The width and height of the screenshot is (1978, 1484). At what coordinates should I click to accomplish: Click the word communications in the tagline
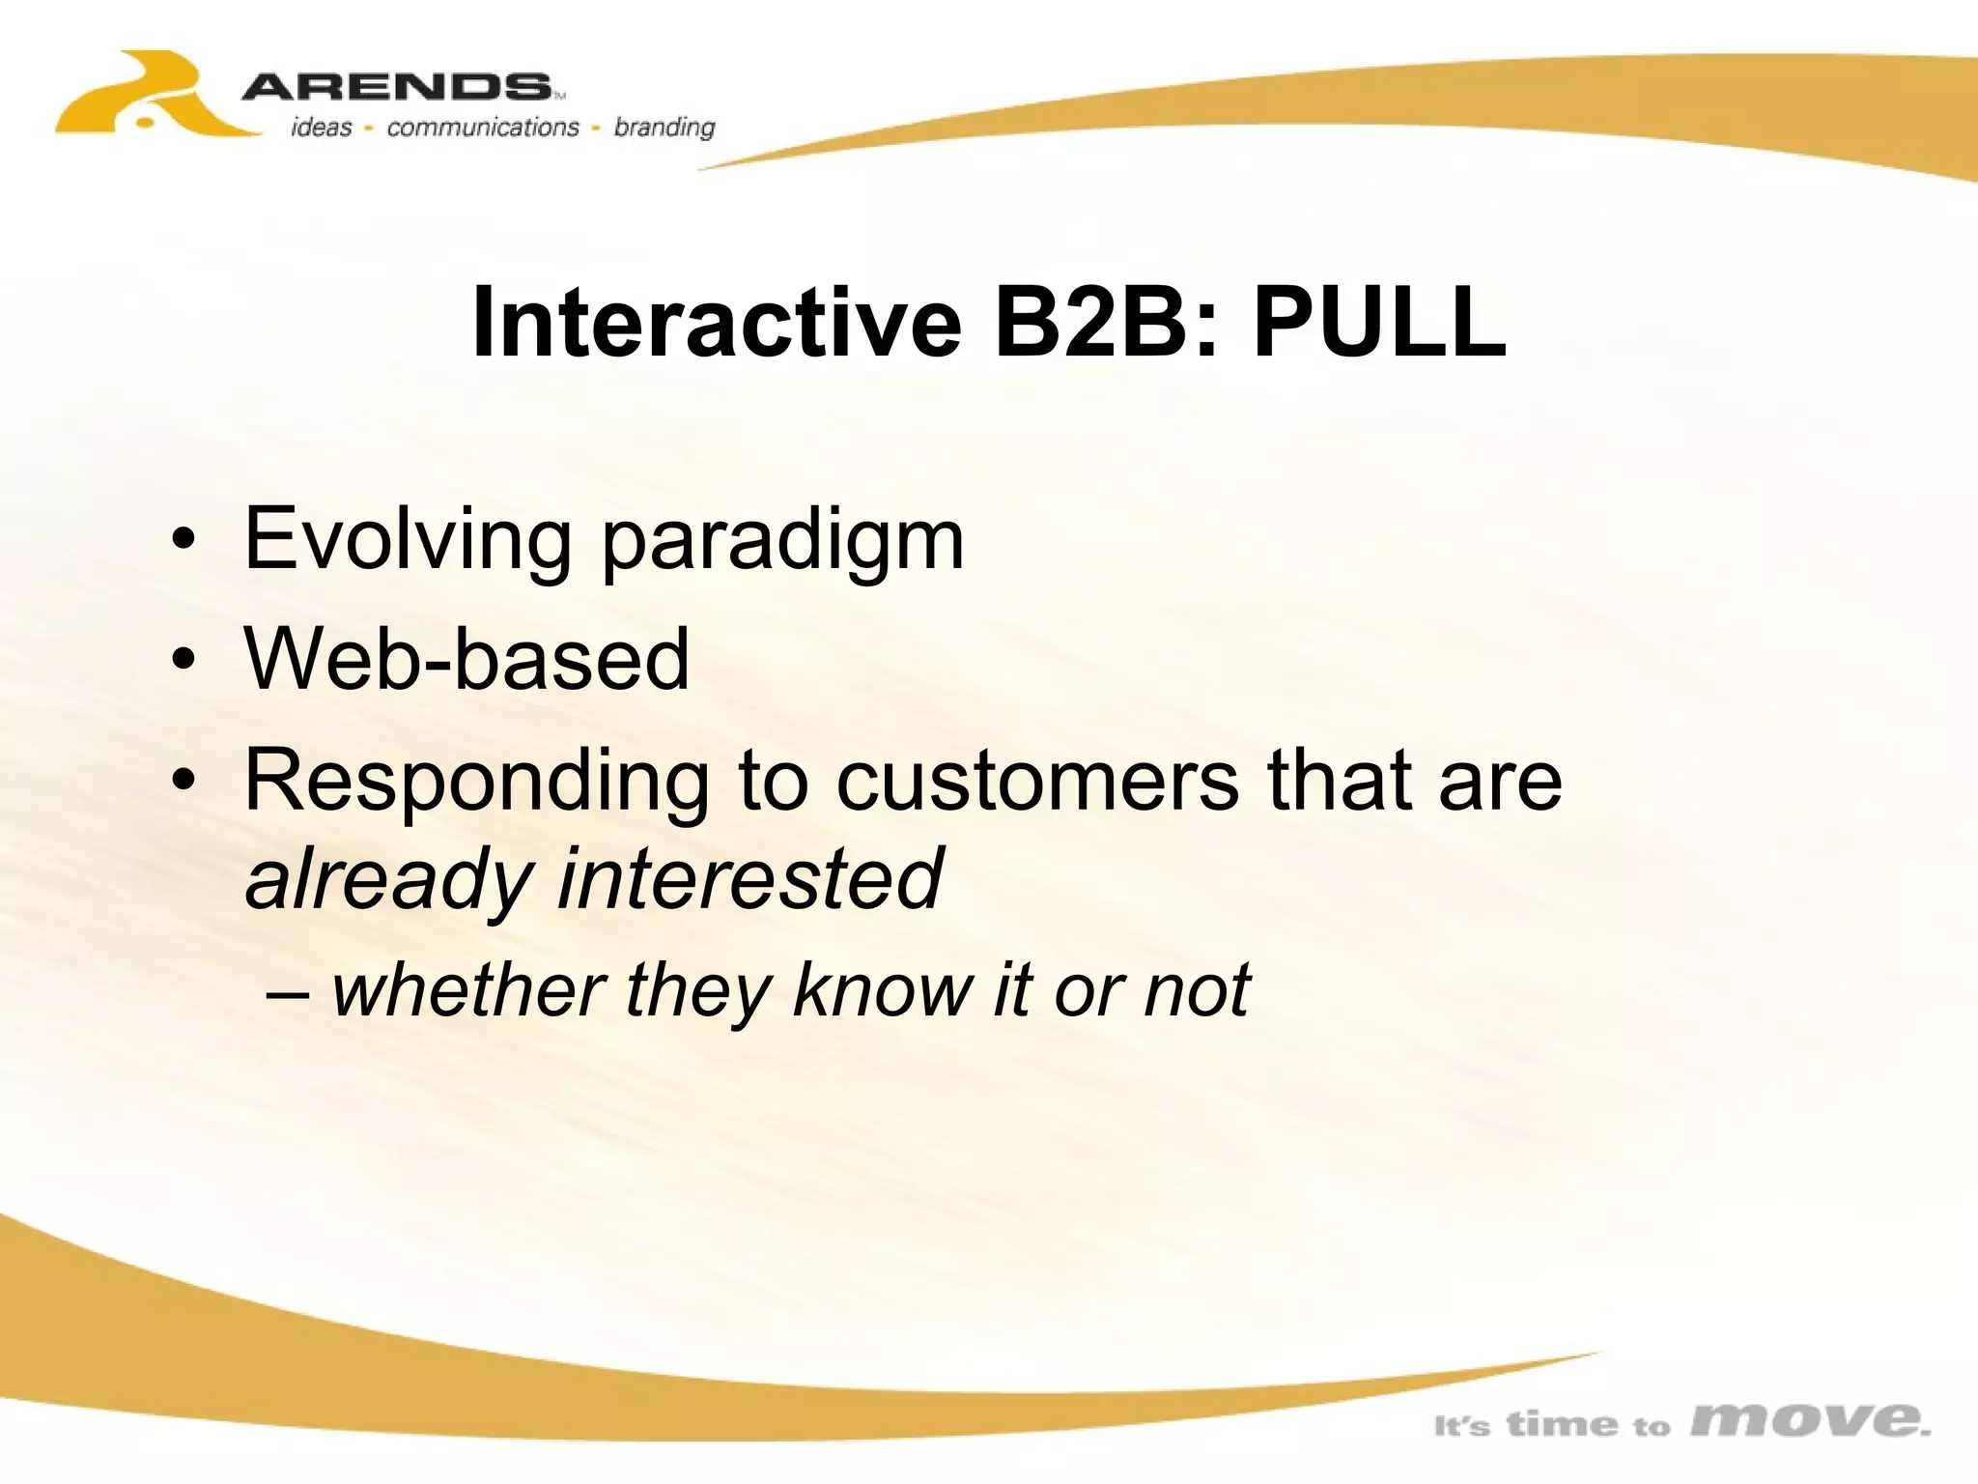482,128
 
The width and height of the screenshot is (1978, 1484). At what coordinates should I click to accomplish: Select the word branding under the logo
664,128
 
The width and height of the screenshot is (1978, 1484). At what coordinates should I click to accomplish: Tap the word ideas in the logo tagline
322,128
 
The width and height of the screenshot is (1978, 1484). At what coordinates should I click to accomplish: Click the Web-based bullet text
466,659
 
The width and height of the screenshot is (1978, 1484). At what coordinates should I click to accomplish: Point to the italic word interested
749,877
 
